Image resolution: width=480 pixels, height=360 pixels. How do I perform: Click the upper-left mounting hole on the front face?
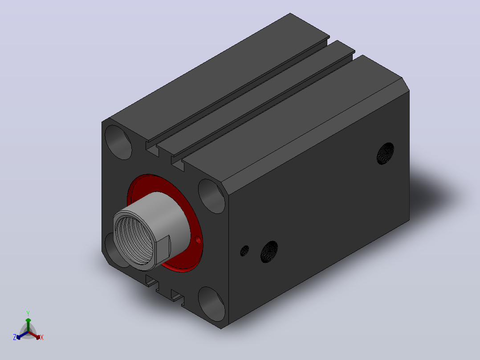tap(118, 143)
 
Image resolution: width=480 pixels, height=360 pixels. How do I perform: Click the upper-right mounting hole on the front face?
tap(212, 196)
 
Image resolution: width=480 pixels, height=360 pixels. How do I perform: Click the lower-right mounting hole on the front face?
tap(212, 304)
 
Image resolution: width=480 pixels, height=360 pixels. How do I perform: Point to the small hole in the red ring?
tap(198, 240)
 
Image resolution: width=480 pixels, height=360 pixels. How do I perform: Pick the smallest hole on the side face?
tap(244, 251)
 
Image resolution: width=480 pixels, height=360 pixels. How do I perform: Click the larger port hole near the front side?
tap(269, 252)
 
